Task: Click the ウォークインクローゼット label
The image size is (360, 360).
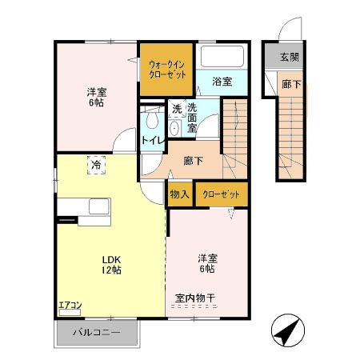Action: [167, 69]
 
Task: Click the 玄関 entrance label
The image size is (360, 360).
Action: [290, 58]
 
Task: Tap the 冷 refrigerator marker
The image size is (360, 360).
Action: [96, 165]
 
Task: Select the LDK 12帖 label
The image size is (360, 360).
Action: [110, 265]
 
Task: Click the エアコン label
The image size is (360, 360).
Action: [71, 305]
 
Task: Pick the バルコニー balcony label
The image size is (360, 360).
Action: [96, 332]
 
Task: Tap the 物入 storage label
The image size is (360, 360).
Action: [179, 194]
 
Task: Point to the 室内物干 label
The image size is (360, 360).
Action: [196, 299]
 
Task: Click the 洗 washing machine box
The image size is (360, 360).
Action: [176, 110]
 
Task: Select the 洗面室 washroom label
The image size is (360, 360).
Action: [194, 117]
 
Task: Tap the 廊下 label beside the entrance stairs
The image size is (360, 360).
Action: [291, 84]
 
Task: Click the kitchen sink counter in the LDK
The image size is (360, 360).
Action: [88, 207]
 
